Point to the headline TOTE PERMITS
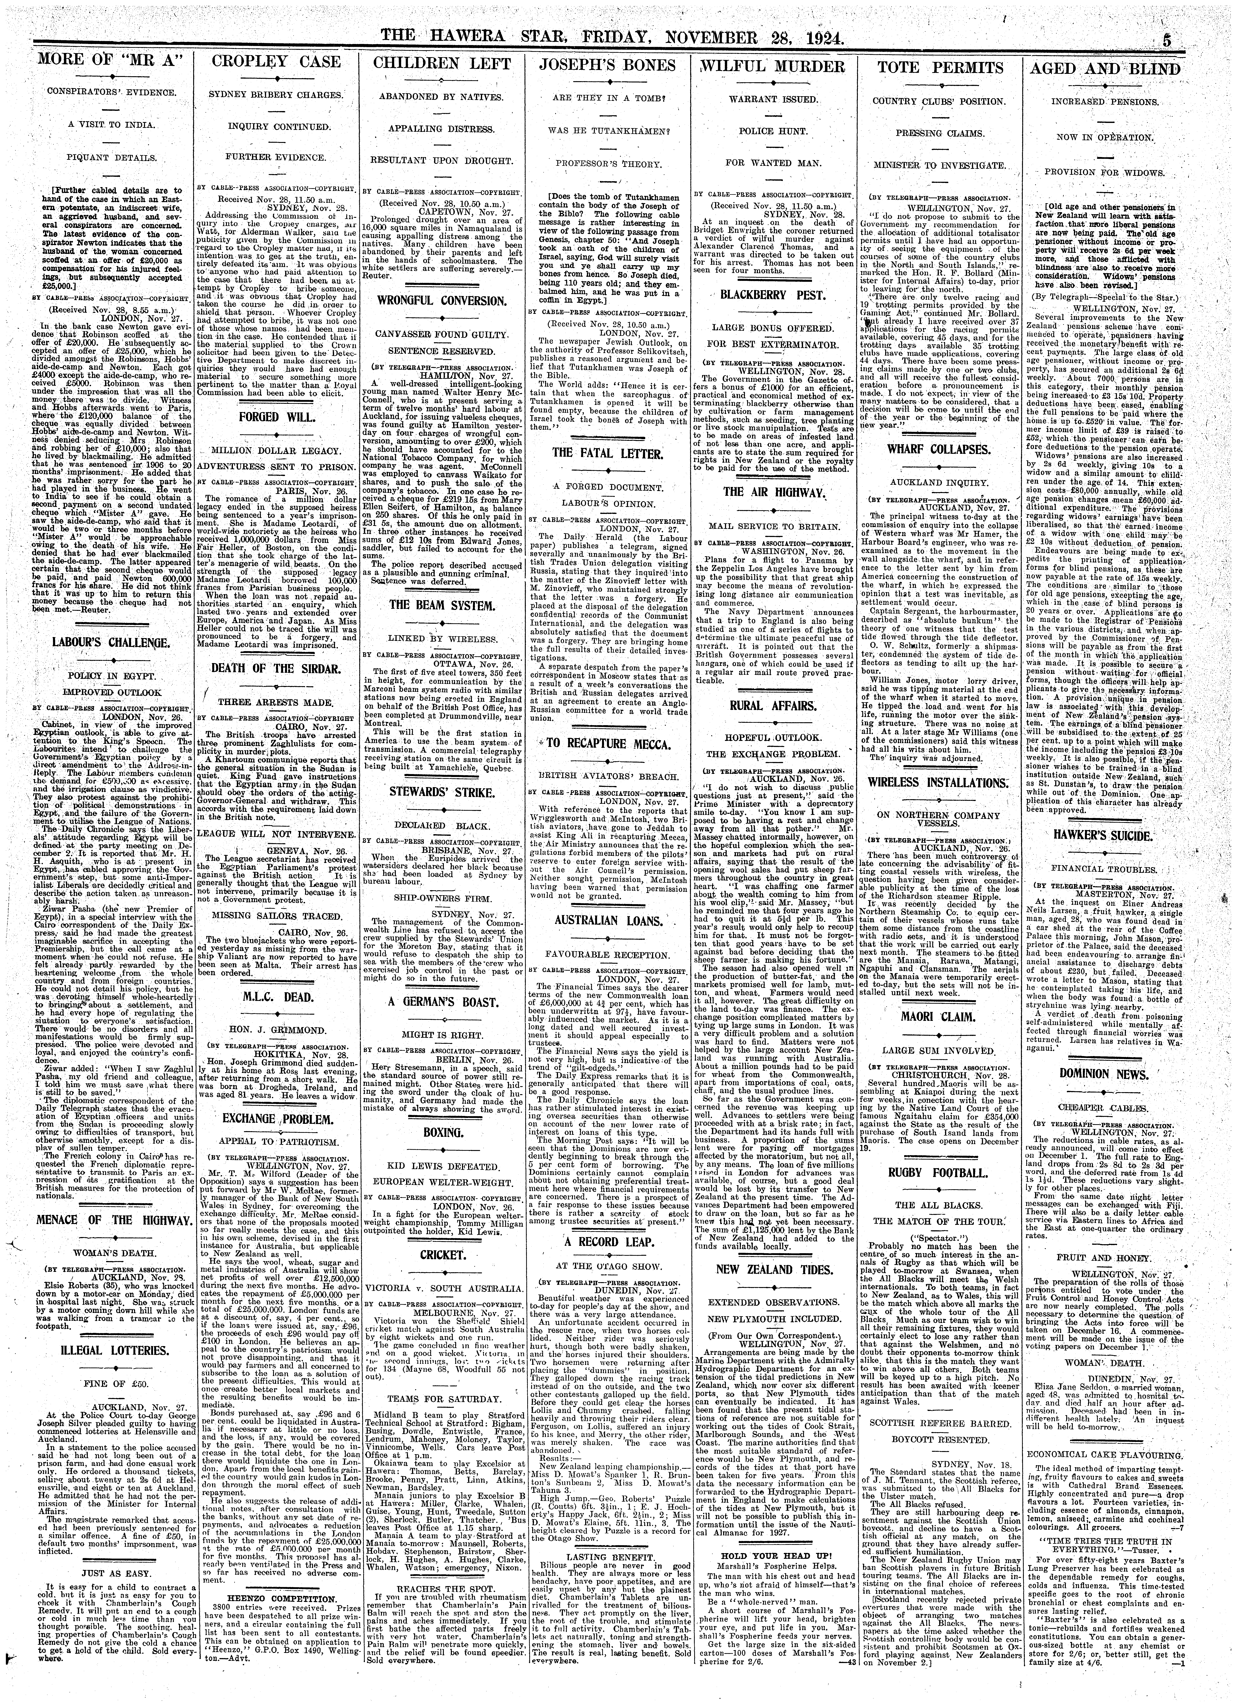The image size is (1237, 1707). [941, 69]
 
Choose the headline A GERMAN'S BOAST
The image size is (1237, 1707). [441, 1003]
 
